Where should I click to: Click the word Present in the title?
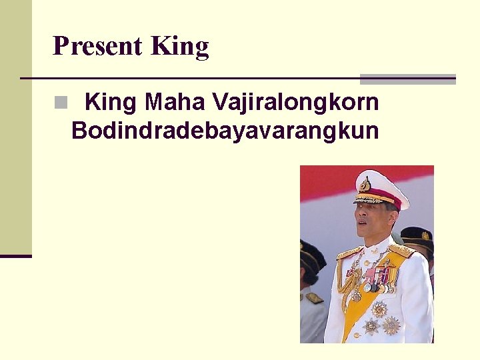click(97, 46)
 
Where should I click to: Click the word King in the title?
click(180, 47)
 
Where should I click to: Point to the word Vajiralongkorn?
click(295, 103)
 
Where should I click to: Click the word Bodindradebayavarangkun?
click(225, 131)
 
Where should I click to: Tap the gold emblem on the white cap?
click(365, 184)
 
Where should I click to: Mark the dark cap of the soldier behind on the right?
click(419, 235)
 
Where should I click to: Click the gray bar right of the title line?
click(407, 79)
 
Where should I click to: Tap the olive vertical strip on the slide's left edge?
click(15, 127)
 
